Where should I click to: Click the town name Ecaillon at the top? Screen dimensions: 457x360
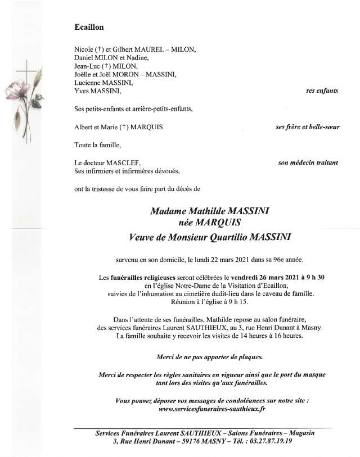pos(89,27)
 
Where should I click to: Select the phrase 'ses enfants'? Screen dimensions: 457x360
pos(322,91)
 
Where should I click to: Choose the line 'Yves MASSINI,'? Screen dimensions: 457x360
pos(97,90)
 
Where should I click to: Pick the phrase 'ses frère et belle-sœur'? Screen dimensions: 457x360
pos(308,127)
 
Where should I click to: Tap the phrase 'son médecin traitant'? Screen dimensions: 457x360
pos(308,163)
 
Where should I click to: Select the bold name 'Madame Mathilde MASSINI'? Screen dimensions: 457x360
pos(209,211)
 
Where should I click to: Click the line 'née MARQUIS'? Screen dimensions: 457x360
pos(209,223)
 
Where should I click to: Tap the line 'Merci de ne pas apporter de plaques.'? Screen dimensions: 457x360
pos(209,356)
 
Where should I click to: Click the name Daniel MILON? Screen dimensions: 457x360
pos(94,58)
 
